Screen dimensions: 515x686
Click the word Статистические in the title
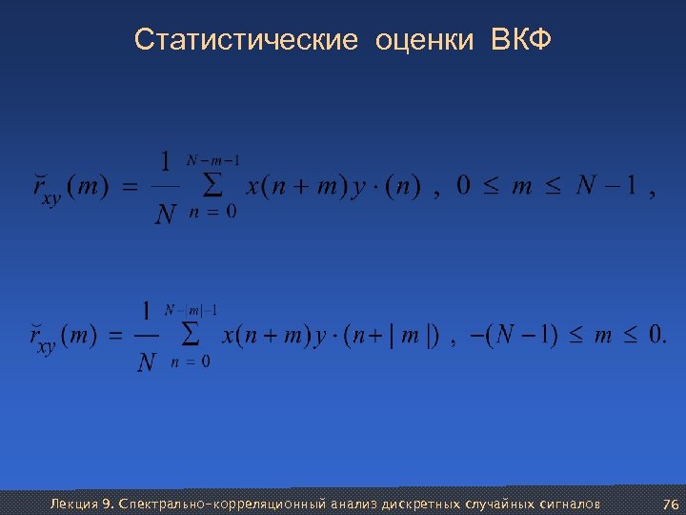(246, 40)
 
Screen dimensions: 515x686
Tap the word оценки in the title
(424, 40)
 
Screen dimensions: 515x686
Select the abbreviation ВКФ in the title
(522, 40)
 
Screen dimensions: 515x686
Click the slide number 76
(670, 503)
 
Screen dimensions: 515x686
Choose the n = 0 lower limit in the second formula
(192, 362)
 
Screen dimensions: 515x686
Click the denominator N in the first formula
(166, 215)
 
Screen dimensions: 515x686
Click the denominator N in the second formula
(145, 363)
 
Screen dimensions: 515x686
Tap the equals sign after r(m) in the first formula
(129, 187)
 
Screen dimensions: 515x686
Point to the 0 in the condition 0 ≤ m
(463, 187)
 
